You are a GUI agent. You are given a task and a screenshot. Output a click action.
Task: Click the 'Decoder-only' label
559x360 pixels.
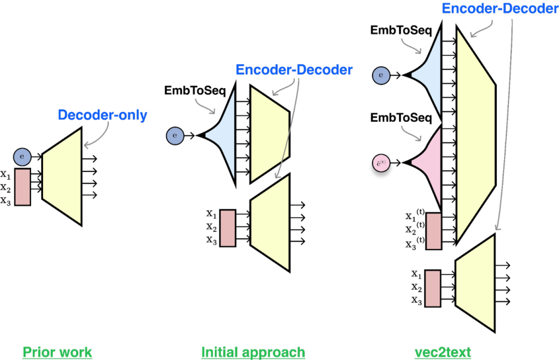pyautogui.click(x=102, y=115)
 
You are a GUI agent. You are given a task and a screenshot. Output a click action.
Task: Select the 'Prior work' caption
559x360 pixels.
pyautogui.click(x=57, y=353)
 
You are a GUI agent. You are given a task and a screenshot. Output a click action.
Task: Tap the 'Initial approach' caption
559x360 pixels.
pyautogui.click(x=253, y=353)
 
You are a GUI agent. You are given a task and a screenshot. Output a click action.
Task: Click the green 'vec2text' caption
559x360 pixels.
pyautogui.click(x=443, y=353)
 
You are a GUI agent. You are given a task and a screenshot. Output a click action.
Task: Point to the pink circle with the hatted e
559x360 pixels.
pyautogui.click(x=381, y=164)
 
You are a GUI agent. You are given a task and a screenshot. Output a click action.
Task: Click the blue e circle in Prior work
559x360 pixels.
pyautogui.click(x=22, y=156)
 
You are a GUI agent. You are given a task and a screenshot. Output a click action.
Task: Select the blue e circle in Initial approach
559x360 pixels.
pyautogui.click(x=175, y=136)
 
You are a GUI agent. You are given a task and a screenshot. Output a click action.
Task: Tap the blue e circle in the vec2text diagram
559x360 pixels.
pyautogui.click(x=381, y=76)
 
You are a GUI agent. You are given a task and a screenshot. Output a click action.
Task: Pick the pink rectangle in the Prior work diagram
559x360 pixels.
pyautogui.click(x=22, y=186)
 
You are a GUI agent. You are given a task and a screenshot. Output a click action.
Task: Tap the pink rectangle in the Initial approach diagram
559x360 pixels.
pyautogui.click(x=227, y=228)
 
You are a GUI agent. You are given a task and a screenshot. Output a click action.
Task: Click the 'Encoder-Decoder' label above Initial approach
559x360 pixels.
pyautogui.click(x=294, y=70)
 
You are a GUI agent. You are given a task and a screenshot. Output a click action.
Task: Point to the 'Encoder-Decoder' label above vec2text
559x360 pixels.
pyautogui.click(x=499, y=9)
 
